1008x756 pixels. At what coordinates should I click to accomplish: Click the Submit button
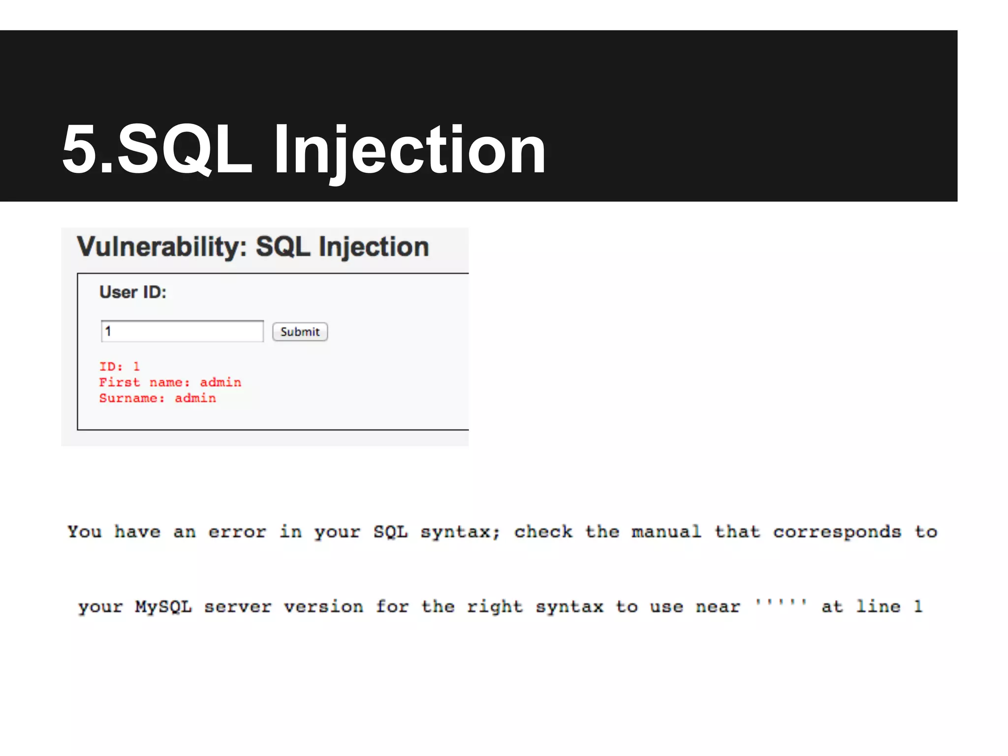click(x=300, y=332)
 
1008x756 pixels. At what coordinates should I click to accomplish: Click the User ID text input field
click(x=182, y=331)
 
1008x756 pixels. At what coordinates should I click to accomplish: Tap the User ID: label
click(x=133, y=292)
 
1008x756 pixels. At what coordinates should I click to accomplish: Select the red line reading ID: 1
click(x=120, y=367)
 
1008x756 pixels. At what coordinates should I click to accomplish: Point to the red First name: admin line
click(x=170, y=382)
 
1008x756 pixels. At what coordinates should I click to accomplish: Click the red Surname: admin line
click(x=157, y=398)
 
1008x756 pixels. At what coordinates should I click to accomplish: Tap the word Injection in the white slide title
click(x=409, y=150)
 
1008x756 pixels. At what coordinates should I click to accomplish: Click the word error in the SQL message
click(x=237, y=532)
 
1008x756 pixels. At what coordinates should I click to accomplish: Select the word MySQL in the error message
click(x=163, y=606)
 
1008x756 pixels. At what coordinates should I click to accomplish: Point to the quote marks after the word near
click(x=781, y=602)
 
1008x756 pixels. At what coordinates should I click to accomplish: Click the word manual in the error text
click(x=666, y=532)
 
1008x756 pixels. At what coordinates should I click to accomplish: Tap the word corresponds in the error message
click(x=837, y=532)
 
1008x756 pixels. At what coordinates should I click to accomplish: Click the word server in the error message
click(x=238, y=606)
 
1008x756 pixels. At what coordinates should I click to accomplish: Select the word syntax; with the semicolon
click(x=460, y=532)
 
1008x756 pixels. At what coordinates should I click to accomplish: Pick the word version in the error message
click(x=323, y=606)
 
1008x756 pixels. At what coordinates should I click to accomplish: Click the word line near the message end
click(x=878, y=606)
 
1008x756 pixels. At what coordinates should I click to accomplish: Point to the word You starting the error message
click(x=85, y=532)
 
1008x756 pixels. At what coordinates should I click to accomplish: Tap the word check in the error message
click(x=543, y=532)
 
